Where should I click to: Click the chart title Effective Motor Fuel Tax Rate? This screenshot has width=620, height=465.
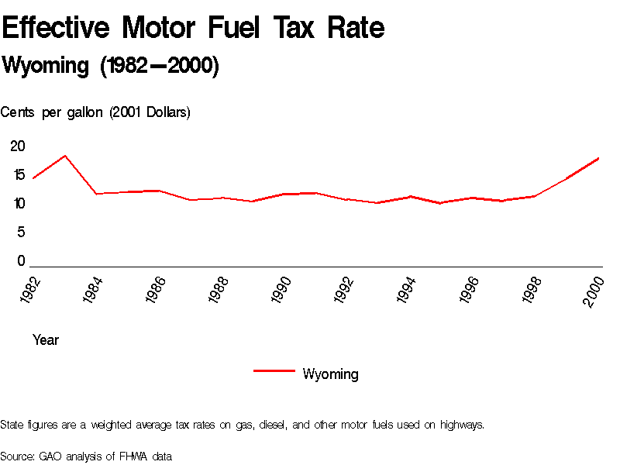(x=193, y=28)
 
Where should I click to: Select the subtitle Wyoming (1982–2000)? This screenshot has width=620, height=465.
(x=111, y=66)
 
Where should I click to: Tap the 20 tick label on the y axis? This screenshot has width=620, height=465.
(x=18, y=146)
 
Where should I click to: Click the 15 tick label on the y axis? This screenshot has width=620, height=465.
(x=18, y=175)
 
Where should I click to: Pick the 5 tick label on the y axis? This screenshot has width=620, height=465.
(x=22, y=232)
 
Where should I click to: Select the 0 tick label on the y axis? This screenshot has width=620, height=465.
(x=22, y=261)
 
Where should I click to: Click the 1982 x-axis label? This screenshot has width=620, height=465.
(x=30, y=289)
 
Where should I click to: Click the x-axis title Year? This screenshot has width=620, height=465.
(x=46, y=339)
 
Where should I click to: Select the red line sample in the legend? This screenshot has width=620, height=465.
(x=274, y=371)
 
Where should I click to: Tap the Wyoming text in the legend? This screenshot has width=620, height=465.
(x=330, y=374)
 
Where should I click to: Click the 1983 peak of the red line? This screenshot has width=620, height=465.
(x=65, y=156)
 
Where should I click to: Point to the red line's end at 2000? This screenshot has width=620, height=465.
(x=598, y=158)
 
